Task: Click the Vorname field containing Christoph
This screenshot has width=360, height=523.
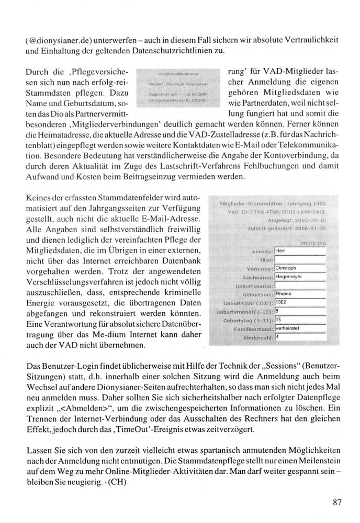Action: pos(300,268)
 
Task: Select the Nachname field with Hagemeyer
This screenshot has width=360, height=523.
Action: pos(300,277)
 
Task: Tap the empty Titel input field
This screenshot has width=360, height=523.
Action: pos(300,259)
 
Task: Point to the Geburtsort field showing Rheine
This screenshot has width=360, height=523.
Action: pos(300,294)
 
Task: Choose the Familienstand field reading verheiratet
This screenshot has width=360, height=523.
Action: pos(300,330)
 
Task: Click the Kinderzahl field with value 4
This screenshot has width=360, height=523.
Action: pos(300,339)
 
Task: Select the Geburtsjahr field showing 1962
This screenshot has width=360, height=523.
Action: pos(300,303)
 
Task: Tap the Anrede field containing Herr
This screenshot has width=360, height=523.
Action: pos(300,250)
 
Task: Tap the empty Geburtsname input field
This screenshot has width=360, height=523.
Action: pos(300,286)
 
